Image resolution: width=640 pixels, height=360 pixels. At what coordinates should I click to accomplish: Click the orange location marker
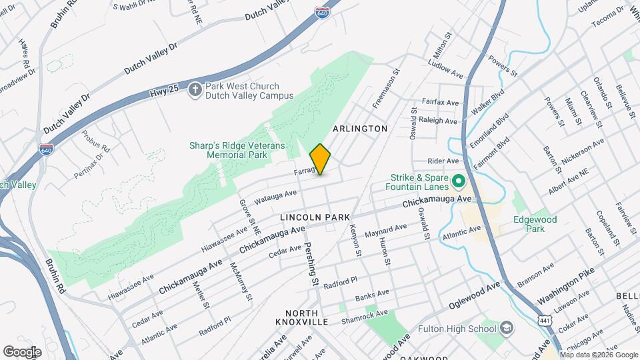pos(321,159)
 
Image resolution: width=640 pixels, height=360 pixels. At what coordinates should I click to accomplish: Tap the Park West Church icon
pos(195,90)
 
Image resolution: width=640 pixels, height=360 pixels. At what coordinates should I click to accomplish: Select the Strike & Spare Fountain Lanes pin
pos(458,181)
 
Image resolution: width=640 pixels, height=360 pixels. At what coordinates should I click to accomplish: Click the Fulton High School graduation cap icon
pos(507,328)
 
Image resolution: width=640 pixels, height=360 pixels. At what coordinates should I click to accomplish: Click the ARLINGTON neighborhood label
pos(360,128)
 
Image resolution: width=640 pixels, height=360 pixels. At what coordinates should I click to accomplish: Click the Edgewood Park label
pos(535,224)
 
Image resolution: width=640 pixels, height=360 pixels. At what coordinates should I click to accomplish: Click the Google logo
pos(22,351)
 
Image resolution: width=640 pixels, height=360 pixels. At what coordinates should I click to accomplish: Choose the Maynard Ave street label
pos(385,231)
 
